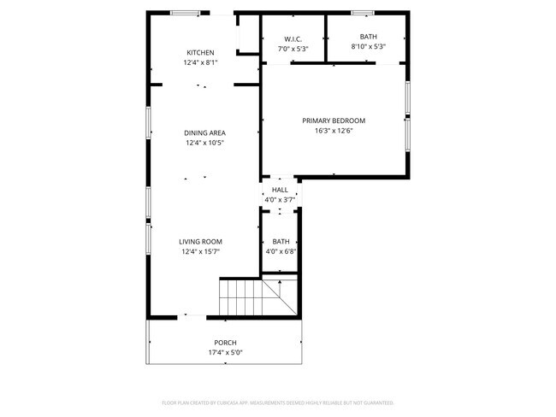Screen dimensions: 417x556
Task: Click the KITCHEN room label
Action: tap(200, 53)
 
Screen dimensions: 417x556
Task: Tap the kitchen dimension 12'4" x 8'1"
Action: tap(200, 63)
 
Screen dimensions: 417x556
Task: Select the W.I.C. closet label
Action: tap(293, 38)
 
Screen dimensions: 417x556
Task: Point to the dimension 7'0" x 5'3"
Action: tap(293, 49)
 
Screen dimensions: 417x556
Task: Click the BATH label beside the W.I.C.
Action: tap(368, 37)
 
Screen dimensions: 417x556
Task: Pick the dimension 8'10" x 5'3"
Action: tap(368, 48)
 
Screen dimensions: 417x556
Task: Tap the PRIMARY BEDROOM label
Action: tap(334, 120)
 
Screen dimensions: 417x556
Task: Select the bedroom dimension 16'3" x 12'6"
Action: tap(334, 131)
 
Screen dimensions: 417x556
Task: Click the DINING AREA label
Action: tap(204, 133)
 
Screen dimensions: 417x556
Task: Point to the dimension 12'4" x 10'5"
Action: tap(204, 144)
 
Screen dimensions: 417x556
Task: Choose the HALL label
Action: tap(280, 190)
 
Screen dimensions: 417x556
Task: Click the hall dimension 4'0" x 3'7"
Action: tap(280, 199)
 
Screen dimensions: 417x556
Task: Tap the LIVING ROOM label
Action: tap(200, 242)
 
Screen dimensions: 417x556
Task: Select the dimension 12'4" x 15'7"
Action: tap(200, 252)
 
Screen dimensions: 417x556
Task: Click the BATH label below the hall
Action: tap(281, 242)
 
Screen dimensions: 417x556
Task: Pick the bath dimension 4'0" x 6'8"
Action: tap(281, 252)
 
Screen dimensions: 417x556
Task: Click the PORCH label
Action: tap(225, 343)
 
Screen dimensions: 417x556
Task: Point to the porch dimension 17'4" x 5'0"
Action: tap(225, 352)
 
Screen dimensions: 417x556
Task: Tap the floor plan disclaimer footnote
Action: tap(278, 402)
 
